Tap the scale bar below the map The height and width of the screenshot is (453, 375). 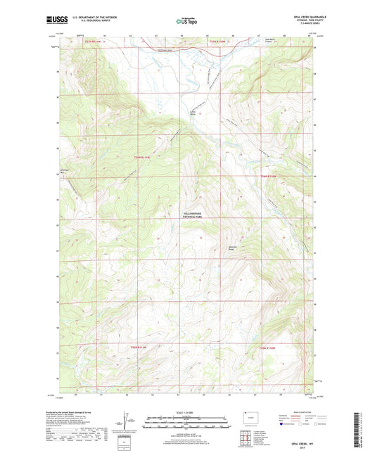[x=186, y=424]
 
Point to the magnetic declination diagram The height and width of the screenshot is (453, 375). [x=126, y=425]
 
